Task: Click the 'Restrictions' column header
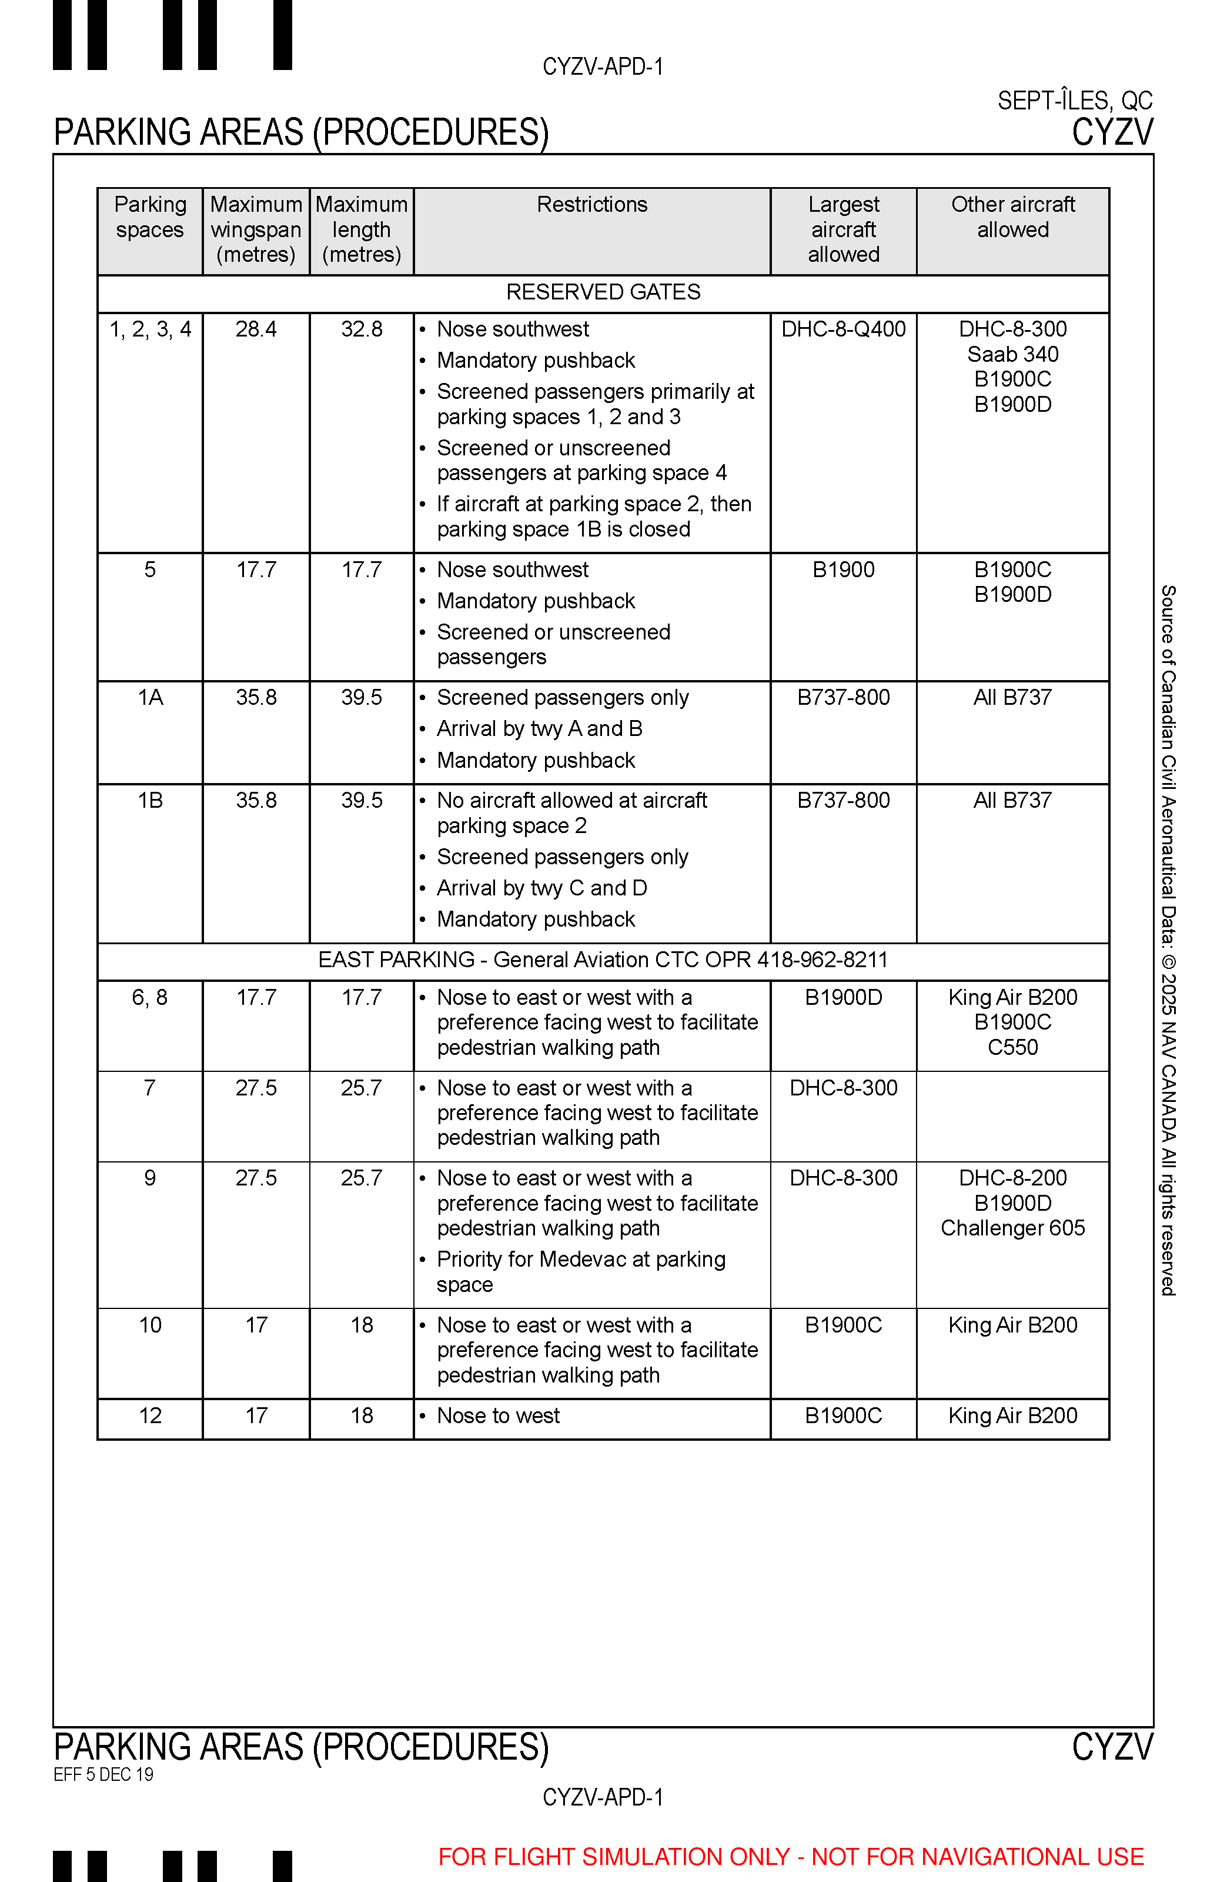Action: [592, 205]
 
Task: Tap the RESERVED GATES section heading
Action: [603, 292]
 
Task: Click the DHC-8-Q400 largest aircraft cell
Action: [843, 329]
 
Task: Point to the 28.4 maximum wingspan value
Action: [256, 329]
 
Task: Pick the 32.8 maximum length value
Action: [362, 329]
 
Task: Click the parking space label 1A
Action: [150, 698]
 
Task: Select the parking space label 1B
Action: [150, 801]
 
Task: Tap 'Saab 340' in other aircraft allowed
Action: [1012, 354]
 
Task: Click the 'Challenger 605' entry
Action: [1012, 1228]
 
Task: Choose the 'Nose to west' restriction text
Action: [499, 1415]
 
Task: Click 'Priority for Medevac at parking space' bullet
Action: [581, 1271]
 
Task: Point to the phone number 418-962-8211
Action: [822, 960]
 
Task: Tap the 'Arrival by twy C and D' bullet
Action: [541, 888]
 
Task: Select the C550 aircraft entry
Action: [1012, 1048]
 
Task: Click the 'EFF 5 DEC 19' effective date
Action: [103, 1774]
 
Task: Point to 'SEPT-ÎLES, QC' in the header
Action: [1075, 101]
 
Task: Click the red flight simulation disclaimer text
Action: [791, 1856]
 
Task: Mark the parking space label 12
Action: [150, 1415]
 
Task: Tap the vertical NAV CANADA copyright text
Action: [1168, 941]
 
